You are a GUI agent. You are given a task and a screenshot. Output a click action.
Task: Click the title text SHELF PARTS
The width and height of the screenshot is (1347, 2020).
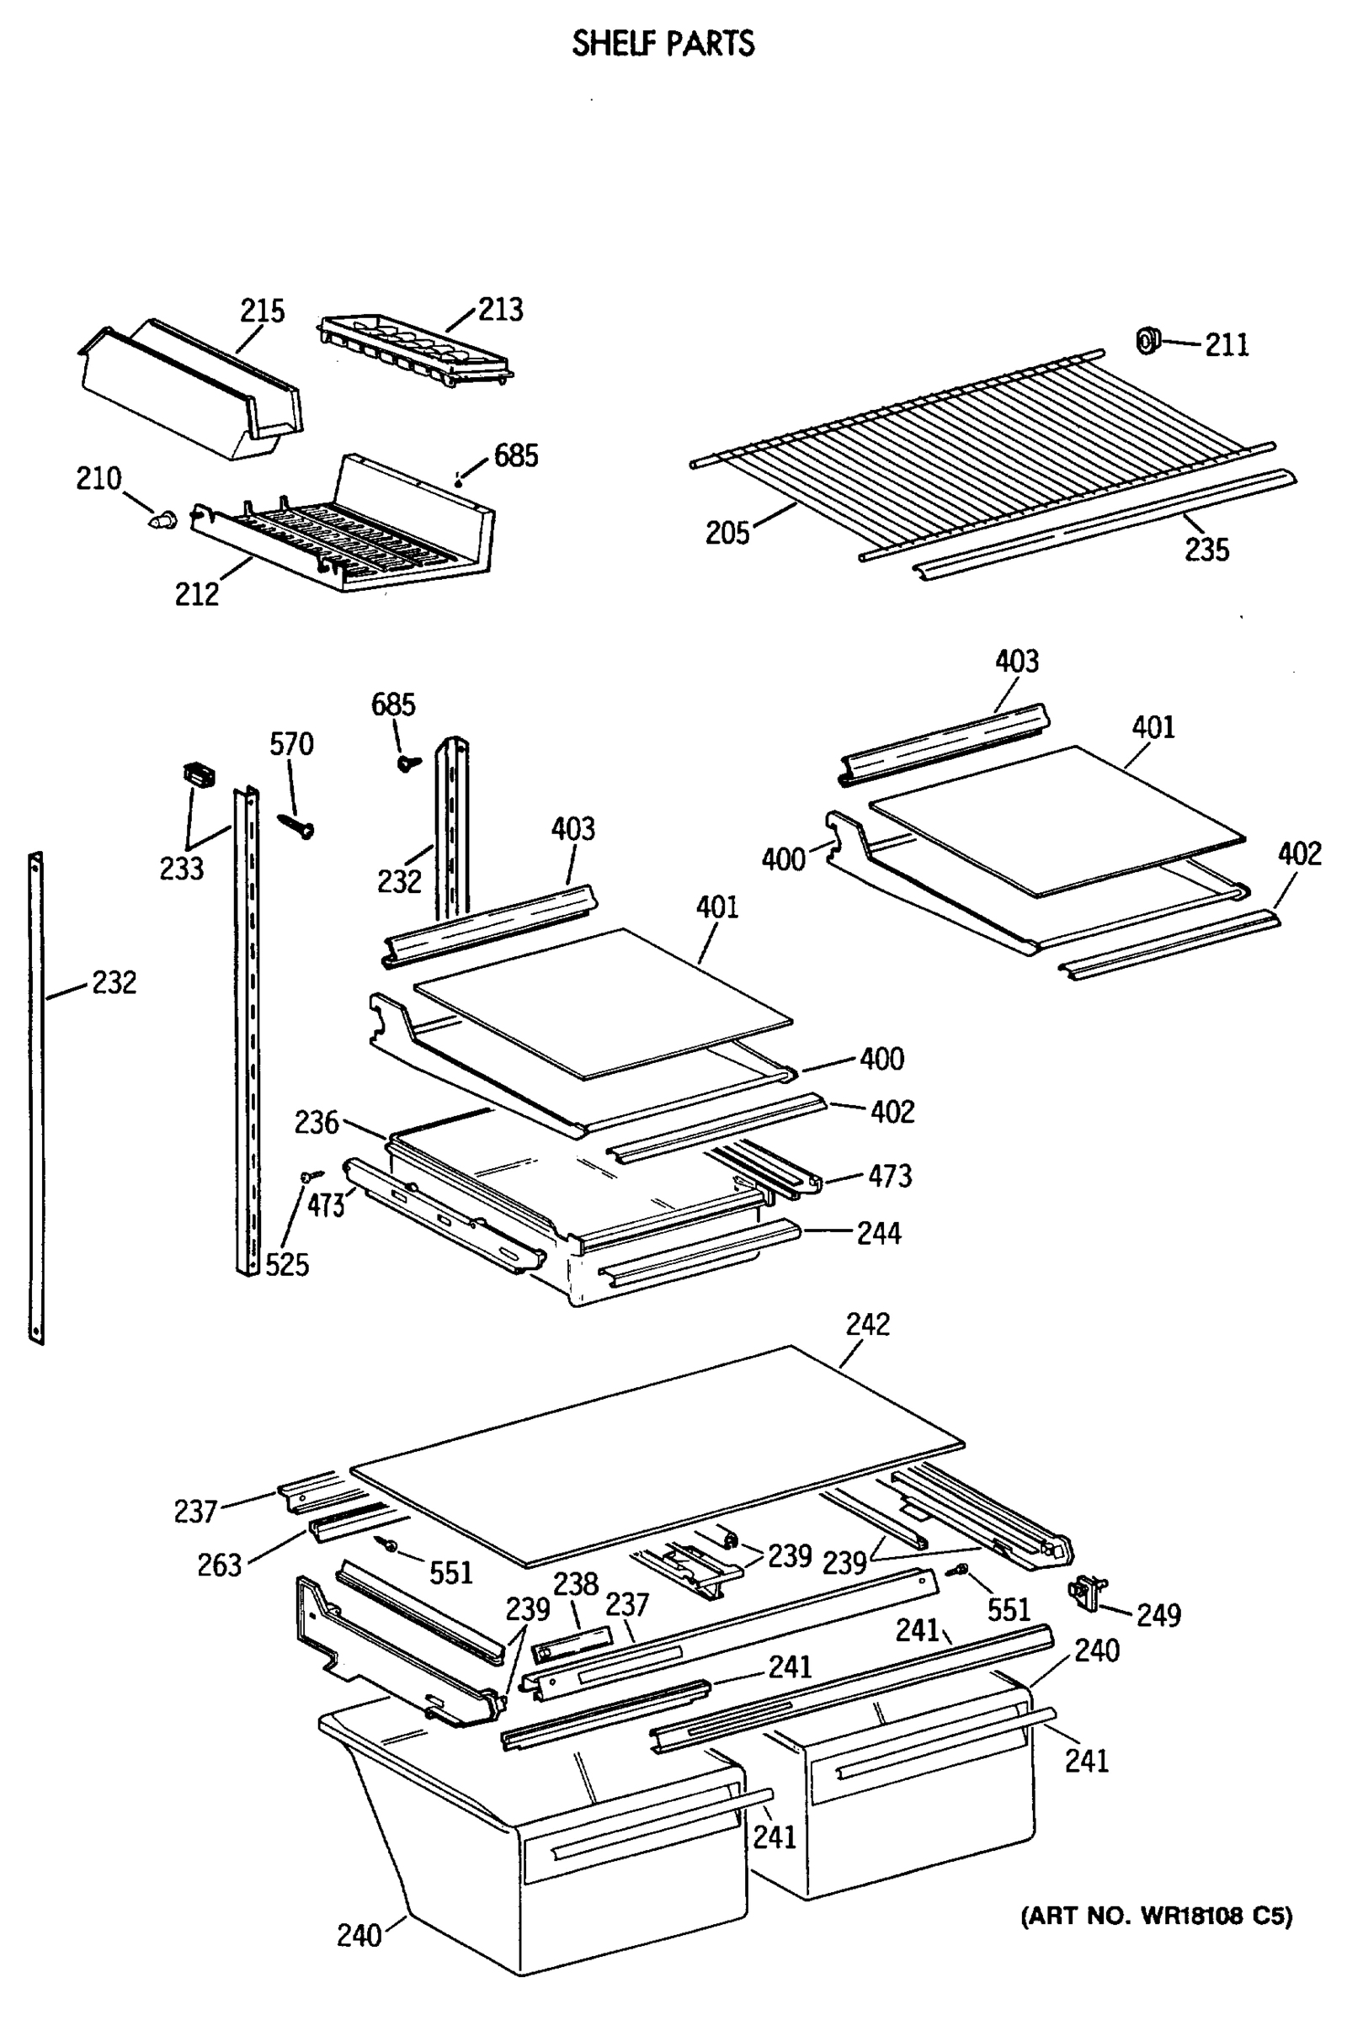pos(663,43)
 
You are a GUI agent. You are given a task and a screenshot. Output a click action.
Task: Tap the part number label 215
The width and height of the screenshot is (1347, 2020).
pos(262,310)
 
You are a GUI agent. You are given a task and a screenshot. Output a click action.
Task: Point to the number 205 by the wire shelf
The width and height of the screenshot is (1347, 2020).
pos(727,534)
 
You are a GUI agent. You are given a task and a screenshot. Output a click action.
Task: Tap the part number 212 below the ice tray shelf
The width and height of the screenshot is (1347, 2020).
pos(197,593)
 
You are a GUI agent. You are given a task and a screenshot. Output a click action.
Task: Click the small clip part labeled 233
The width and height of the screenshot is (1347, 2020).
pos(200,775)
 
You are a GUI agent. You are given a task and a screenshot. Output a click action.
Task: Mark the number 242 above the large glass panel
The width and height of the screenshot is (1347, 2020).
pos(868,1323)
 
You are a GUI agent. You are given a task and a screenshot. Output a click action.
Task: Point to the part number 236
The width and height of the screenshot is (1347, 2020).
pos(317,1123)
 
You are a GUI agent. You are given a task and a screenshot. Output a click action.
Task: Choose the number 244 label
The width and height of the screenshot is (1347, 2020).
pos(879,1233)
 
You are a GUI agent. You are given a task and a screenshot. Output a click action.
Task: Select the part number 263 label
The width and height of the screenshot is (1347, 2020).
pos(219,1565)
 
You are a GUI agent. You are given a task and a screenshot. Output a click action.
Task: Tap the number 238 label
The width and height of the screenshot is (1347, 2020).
pos(575,1584)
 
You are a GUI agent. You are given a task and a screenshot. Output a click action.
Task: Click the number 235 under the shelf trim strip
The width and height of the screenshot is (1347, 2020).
pos(1206,550)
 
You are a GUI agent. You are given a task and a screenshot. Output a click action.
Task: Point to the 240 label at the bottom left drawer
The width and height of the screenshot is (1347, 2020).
pos(359,1935)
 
